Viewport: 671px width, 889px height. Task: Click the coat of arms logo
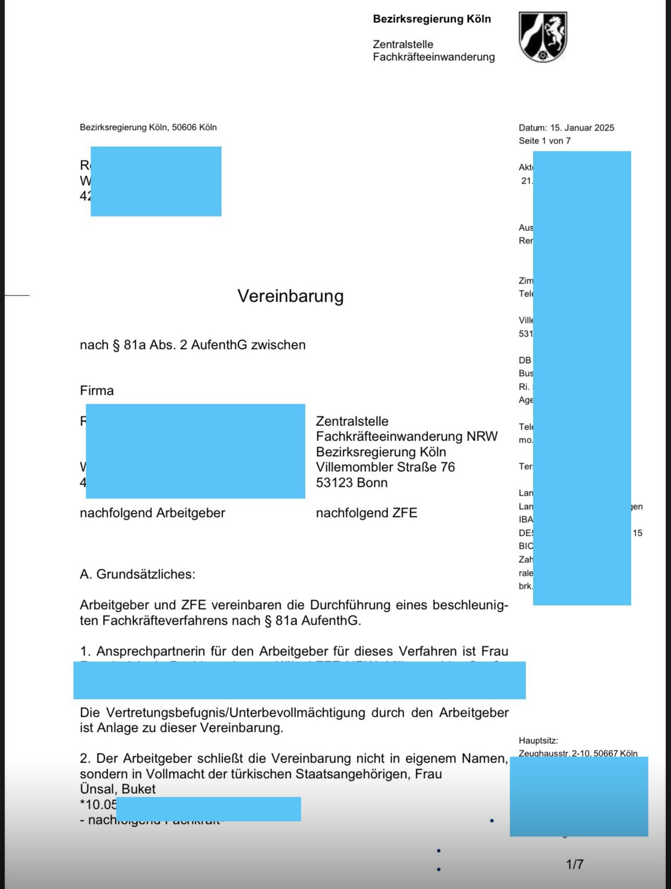click(543, 37)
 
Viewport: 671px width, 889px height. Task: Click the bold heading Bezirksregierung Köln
click(432, 19)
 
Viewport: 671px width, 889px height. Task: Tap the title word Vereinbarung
click(290, 296)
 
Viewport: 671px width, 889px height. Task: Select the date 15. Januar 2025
click(582, 128)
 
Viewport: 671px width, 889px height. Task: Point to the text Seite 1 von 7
click(544, 141)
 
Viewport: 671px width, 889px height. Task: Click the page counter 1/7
click(574, 864)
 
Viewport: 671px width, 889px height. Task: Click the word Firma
click(97, 391)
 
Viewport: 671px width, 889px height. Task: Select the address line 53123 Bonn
click(352, 483)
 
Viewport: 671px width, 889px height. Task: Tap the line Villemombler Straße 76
click(385, 467)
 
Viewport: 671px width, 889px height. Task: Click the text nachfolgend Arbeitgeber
click(152, 513)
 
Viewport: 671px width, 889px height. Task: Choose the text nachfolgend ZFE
click(366, 513)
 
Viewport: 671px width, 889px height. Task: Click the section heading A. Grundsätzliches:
click(137, 574)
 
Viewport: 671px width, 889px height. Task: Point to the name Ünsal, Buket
click(118, 789)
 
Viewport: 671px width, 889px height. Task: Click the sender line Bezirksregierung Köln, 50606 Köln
click(148, 127)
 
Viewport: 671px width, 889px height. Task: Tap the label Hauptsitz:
click(538, 741)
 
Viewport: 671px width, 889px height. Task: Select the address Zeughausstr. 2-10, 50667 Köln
click(577, 753)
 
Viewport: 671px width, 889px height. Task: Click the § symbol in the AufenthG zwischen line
click(117, 345)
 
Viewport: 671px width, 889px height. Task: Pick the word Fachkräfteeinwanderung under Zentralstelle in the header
click(433, 57)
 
